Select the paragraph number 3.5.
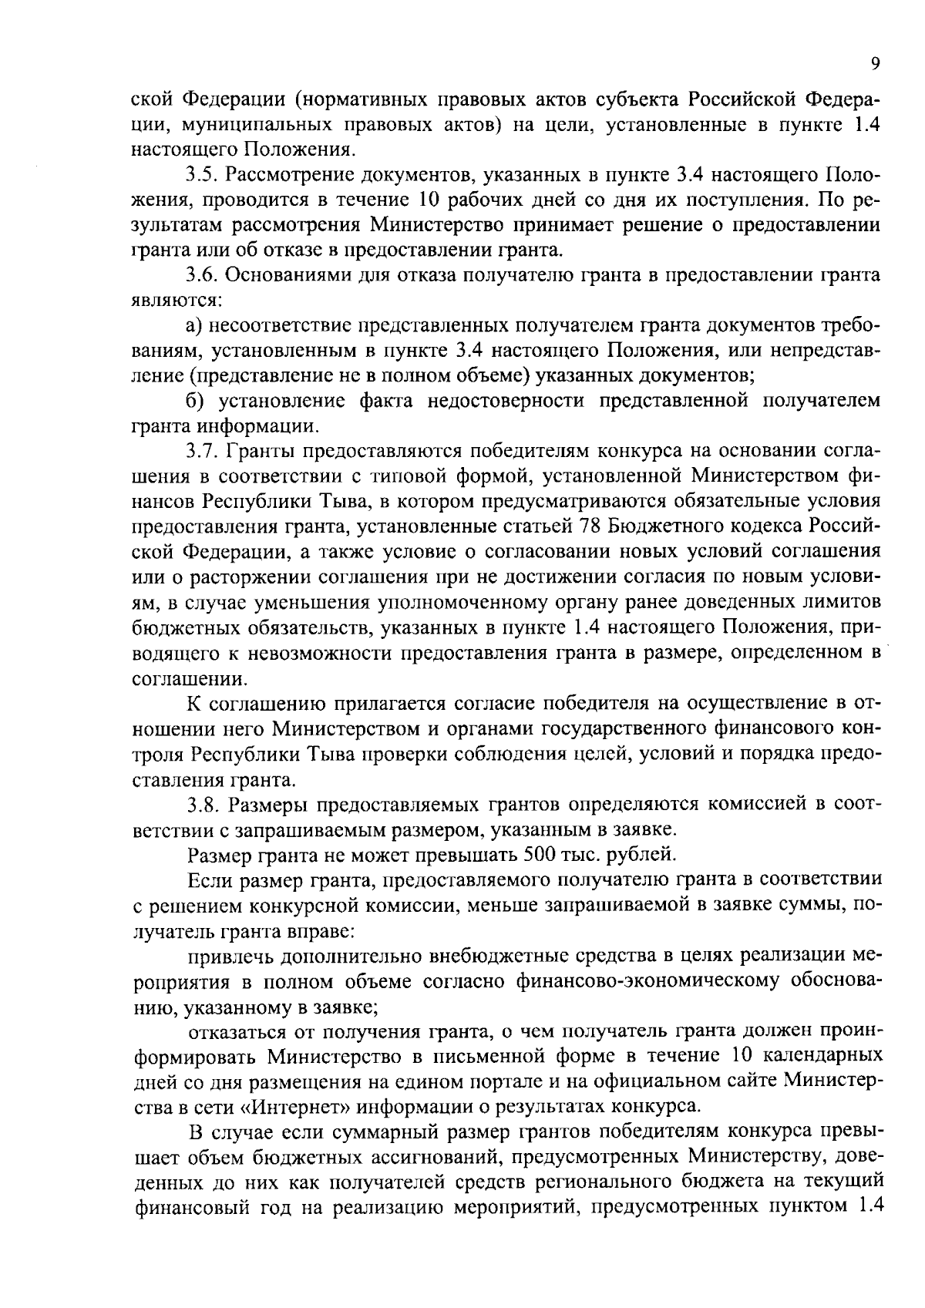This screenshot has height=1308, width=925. point(202,176)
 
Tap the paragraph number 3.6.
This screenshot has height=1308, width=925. point(202,276)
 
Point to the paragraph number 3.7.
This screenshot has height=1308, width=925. point(202,452)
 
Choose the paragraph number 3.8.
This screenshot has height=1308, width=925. point(202,805)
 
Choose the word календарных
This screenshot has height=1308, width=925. point(822,1056)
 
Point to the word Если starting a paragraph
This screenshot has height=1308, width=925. point(210,880)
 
